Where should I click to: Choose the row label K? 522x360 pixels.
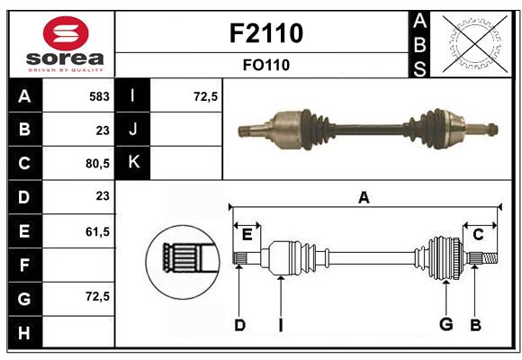coord(134,163)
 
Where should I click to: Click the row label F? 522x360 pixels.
coord(24,265)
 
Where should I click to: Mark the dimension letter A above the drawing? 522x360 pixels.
coord(364,198)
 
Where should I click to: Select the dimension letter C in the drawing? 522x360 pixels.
coord(479,235)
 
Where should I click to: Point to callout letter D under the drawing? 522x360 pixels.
coord(239,325)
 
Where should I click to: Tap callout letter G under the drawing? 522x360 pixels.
coord(445,325)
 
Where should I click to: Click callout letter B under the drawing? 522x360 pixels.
coord(476,325)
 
